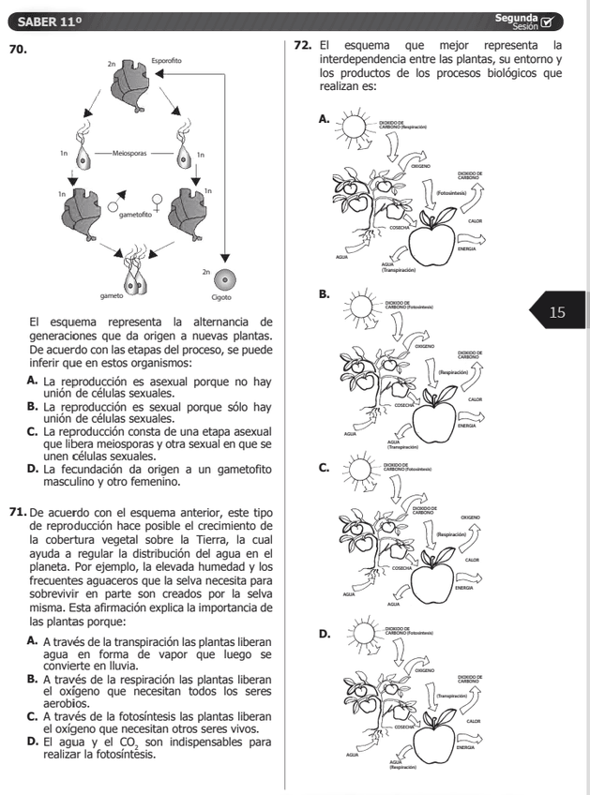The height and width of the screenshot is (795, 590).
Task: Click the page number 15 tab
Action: pos(557,312)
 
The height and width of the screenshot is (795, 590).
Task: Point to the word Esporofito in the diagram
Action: pos(166,62)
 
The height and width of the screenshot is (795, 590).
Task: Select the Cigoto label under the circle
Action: pos(221,296)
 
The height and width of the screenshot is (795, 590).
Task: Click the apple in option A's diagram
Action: pos(434,234)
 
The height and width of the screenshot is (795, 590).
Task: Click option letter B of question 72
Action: pos(324,294)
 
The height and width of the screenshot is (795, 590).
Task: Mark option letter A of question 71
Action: pos(33,641)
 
